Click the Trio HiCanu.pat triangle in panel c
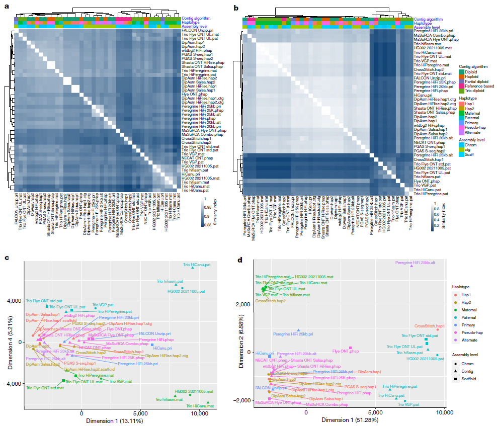(x=192, y=268)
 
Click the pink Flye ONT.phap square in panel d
(x=350, y=348)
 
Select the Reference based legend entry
(x=478, y=86)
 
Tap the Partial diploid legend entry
(x=475, y=81)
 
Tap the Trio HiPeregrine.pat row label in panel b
(x=431, y=193)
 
